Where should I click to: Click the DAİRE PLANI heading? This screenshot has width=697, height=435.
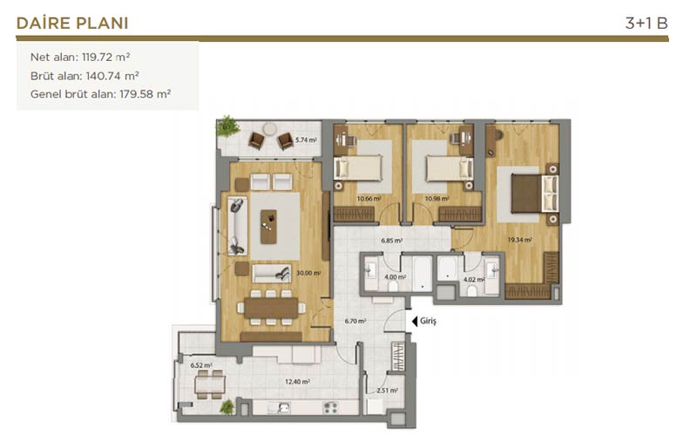(x=72, y=24)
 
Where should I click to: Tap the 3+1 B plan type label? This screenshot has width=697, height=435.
(x=646, y=24)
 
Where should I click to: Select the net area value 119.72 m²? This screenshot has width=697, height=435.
(x=105, y=57)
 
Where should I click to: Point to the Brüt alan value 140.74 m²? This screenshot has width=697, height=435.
(x=112, y=76)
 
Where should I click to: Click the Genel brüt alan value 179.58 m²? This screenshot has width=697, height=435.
(x=145, y=94)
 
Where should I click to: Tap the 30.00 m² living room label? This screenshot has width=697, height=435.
(x=308, y=273)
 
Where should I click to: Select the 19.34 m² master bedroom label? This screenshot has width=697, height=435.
(x=520, y=240)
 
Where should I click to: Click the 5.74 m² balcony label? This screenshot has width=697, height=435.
(x=306, y=140)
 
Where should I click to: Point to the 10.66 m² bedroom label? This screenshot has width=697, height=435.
(x=369, y=199)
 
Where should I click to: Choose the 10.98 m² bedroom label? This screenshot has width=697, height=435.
(x=437, y=199)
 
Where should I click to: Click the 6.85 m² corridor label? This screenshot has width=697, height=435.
(x=391, y=241)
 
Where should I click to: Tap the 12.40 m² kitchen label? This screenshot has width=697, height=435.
(x=297, y=382)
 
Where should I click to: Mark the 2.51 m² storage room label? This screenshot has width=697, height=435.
(x=387, y=391)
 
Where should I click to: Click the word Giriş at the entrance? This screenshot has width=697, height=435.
(x=428, y=321)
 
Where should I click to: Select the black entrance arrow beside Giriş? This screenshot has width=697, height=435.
(x=415, y=321)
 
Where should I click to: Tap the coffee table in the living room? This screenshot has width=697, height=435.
(x=268, y=227)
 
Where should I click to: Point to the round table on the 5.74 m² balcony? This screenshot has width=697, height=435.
(x=269, y=129)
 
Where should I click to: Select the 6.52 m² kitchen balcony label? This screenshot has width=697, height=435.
(x=201, y=365)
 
